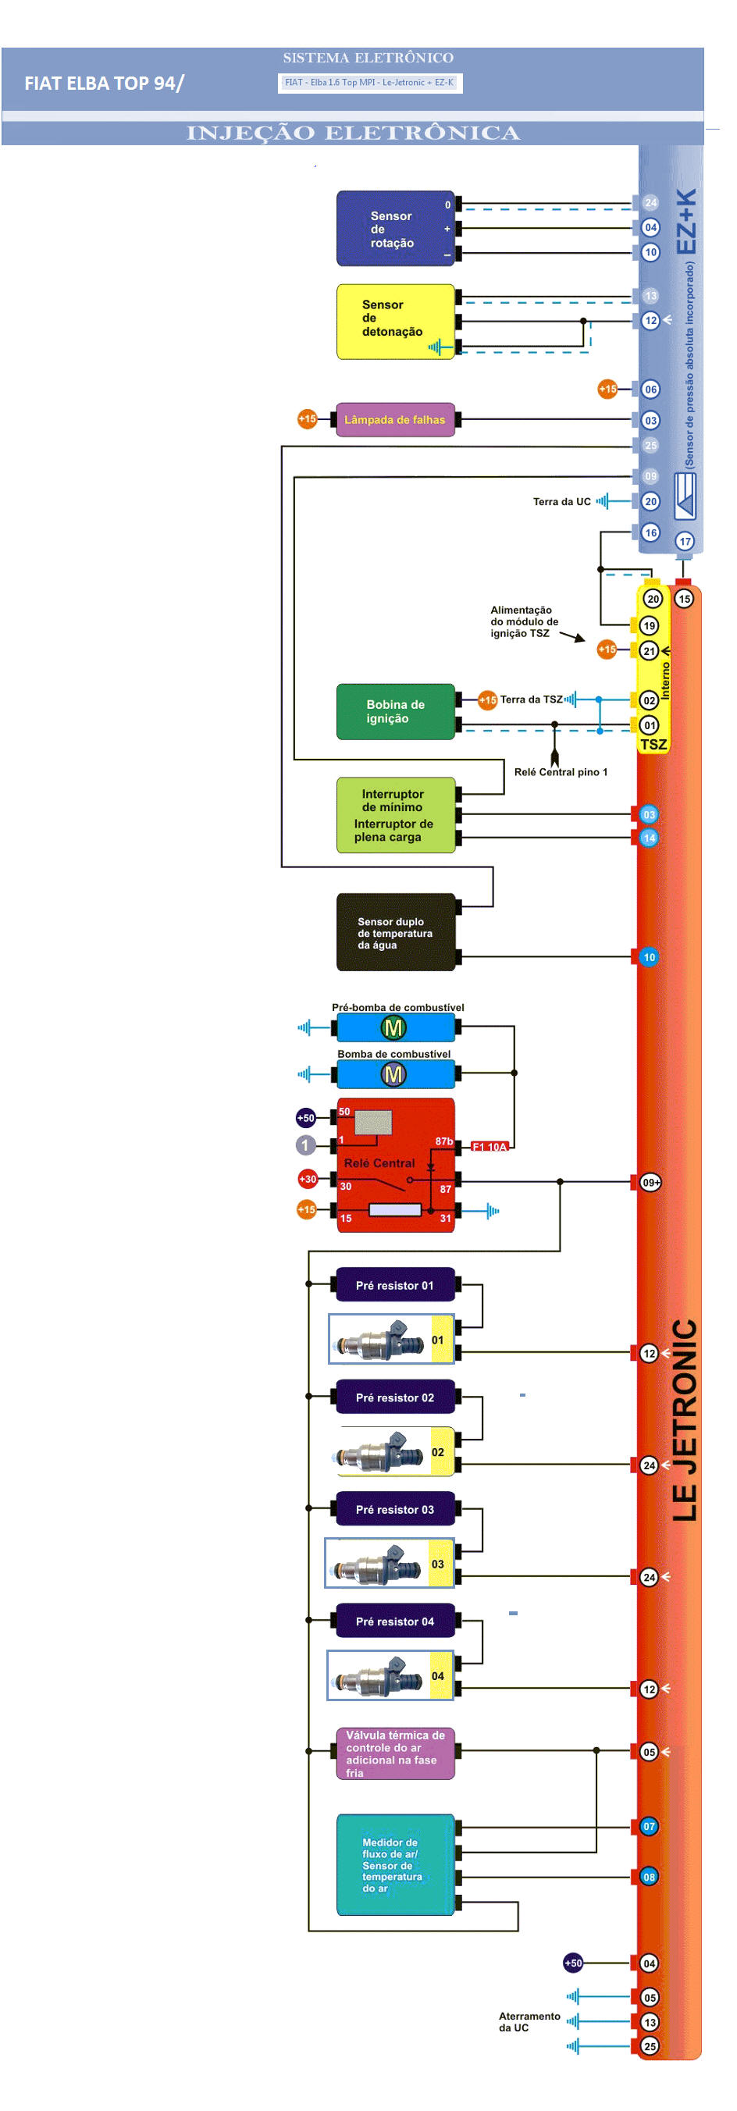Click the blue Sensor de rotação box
click(x=395, y=229)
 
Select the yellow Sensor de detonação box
click(x=395, y=321)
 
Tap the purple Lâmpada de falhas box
click(x=395, y=419)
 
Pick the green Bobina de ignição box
click(x=395, y=711)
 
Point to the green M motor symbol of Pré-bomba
click(x=393, y=1027)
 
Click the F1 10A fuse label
click(x=490, y=1147)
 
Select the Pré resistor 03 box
click(x=395, y=1508)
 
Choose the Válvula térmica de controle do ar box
click(x=395, y=1753)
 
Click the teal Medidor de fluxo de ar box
click(x=395, y=1864)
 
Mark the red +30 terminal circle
click(x=308, y=1178)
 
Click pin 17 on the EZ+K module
click(x=685, y=541)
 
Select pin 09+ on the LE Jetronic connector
click(x=650, y=1182)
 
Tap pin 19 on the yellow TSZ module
click(x=650, y=625)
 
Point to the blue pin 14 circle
click(x=650, y=838)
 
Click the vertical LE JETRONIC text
click(x=685, y=1419)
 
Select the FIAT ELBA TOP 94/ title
click(x=104, y=84)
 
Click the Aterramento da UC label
click(x=529, y=2021)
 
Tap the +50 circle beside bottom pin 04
click(x=573, y=1962)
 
